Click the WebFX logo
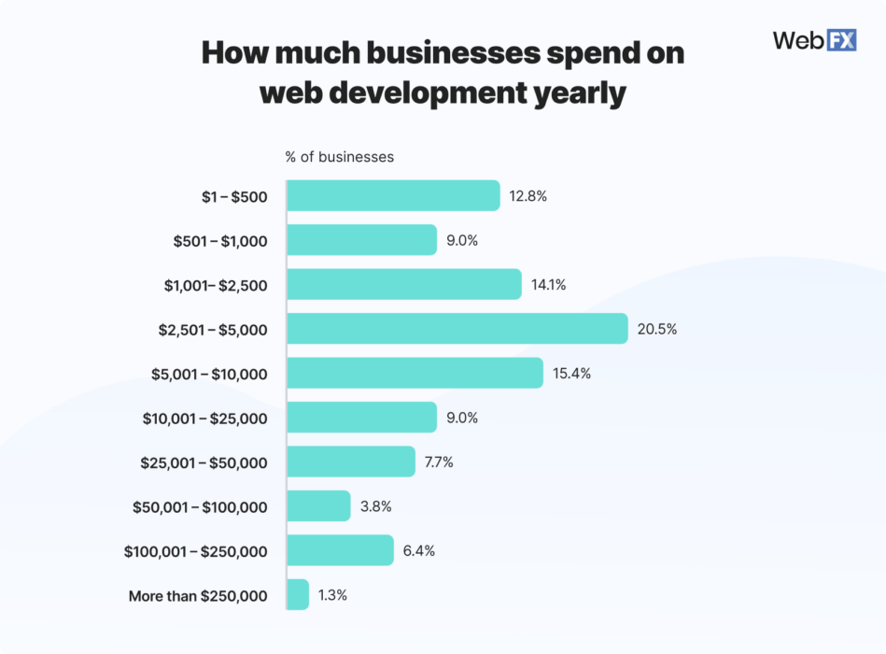coord(814,40)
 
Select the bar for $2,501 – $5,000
coord(457,329)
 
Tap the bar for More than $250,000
coord(298,595)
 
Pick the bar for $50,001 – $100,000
coord(318,506)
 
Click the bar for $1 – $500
coord(393,196)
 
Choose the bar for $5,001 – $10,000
coord(415,373)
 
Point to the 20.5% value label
coord(657,329)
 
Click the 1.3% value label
coord(332,595)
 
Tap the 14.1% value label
coord(549,285)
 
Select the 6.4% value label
coord(419,550)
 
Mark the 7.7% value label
coord(439,462)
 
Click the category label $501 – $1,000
coord(220,241)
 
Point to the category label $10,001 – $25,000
coord(205,419)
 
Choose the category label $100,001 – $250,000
coord(196,552)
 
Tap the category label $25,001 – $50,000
coord(204,463)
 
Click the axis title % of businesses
coord(340,157)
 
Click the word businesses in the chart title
coord(448,54)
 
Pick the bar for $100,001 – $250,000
coord(340,550)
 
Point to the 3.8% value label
coord(375,506)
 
